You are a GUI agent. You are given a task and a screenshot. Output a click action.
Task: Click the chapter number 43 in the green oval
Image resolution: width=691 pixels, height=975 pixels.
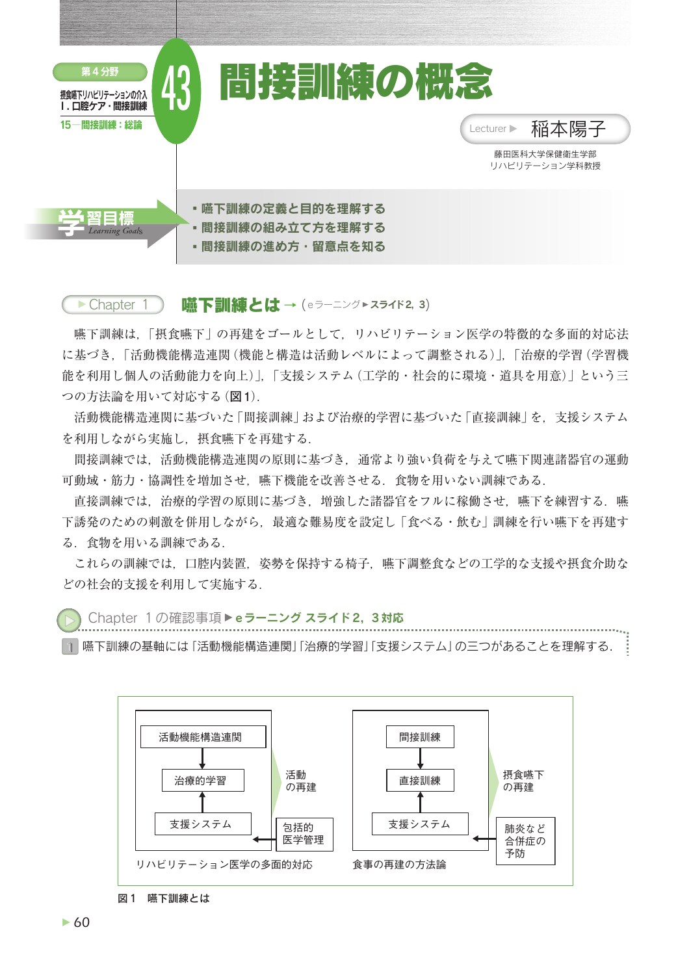(176, 90)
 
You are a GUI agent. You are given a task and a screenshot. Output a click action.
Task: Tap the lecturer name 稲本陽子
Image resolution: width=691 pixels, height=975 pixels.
(567, 129)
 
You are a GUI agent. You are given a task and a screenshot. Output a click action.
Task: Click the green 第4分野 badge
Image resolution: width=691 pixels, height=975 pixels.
(100, 71)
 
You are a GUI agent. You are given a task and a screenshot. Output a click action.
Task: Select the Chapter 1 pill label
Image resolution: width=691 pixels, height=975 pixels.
(113, 304)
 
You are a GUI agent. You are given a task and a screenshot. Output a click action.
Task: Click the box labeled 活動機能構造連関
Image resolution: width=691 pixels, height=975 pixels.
(203, 737)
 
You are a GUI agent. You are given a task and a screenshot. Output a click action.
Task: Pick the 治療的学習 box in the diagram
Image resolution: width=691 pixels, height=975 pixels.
(203, 781)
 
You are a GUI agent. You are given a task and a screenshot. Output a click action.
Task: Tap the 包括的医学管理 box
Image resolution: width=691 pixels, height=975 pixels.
(304, 834)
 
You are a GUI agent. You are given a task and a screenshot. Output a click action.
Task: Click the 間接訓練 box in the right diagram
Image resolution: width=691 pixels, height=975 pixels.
(420, 737)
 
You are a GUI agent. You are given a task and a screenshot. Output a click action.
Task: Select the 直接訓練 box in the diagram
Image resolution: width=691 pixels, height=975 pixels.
(420, 781)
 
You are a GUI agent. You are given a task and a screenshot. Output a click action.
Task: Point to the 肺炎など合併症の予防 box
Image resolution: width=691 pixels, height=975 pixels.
(525, 841)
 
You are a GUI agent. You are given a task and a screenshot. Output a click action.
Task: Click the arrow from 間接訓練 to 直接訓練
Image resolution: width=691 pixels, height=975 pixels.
(420, 759)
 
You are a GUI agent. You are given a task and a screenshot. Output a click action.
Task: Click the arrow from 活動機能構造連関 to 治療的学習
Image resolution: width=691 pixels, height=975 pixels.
(202, 759)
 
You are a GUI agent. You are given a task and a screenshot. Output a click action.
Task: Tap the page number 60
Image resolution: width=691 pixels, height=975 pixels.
(81, 922)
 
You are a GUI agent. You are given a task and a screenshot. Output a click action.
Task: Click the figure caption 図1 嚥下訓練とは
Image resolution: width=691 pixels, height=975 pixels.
(164, 898)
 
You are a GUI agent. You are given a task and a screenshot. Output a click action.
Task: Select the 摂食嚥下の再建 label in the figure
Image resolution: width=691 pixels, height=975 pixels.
(523, 781)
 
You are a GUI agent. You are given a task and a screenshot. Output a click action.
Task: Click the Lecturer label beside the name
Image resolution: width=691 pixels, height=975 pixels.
(488, 129)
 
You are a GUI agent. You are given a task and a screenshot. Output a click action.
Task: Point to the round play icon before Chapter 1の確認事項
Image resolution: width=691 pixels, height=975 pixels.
(68, 619)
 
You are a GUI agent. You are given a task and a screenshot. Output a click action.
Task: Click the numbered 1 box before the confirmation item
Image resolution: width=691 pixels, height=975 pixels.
(70, 647)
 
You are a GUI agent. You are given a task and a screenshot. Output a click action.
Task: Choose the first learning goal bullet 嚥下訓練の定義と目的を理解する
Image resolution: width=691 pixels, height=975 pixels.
(293, 209)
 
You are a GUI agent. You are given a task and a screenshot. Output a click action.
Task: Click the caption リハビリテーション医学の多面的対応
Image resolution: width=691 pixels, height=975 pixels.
(224, 864)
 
